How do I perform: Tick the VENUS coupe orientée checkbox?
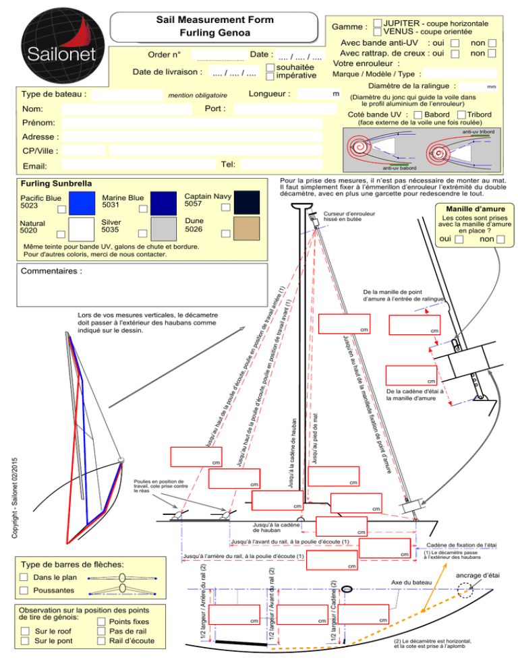coord(377,32)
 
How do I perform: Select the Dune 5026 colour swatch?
coord(242,228)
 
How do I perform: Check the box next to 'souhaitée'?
coord(270,67)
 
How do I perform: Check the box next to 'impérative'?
coord(270,76)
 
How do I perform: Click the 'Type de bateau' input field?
coord(127,94)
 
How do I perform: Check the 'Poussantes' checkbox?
coord(24,590)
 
